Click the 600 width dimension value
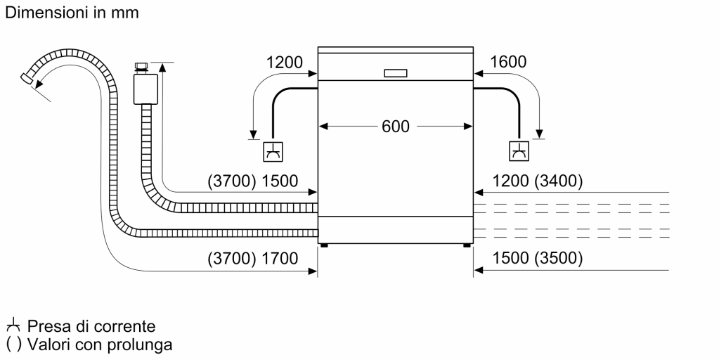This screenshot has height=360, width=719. pos(395,127)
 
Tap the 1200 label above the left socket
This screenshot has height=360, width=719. pos(284,62)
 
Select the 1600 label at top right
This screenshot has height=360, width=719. pos(508,62)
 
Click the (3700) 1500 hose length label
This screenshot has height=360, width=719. pos(253,181)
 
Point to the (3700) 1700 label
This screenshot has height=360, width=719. pos(253,258)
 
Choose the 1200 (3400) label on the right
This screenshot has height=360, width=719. pos(538,181)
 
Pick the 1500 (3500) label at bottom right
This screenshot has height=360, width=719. pos(538,258)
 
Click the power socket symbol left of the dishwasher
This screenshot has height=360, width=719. pos(273,151)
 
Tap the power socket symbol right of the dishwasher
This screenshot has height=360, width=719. pos(519,151)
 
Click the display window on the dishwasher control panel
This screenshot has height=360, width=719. pos(395,72)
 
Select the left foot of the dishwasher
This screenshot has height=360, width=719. pos(323,245)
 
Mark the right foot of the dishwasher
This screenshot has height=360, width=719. pos(467,245)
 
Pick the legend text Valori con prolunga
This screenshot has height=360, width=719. pos(98,345)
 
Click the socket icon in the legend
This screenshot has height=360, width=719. pos(13,326)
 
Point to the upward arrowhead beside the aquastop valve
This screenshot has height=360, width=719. pos(162,67)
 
